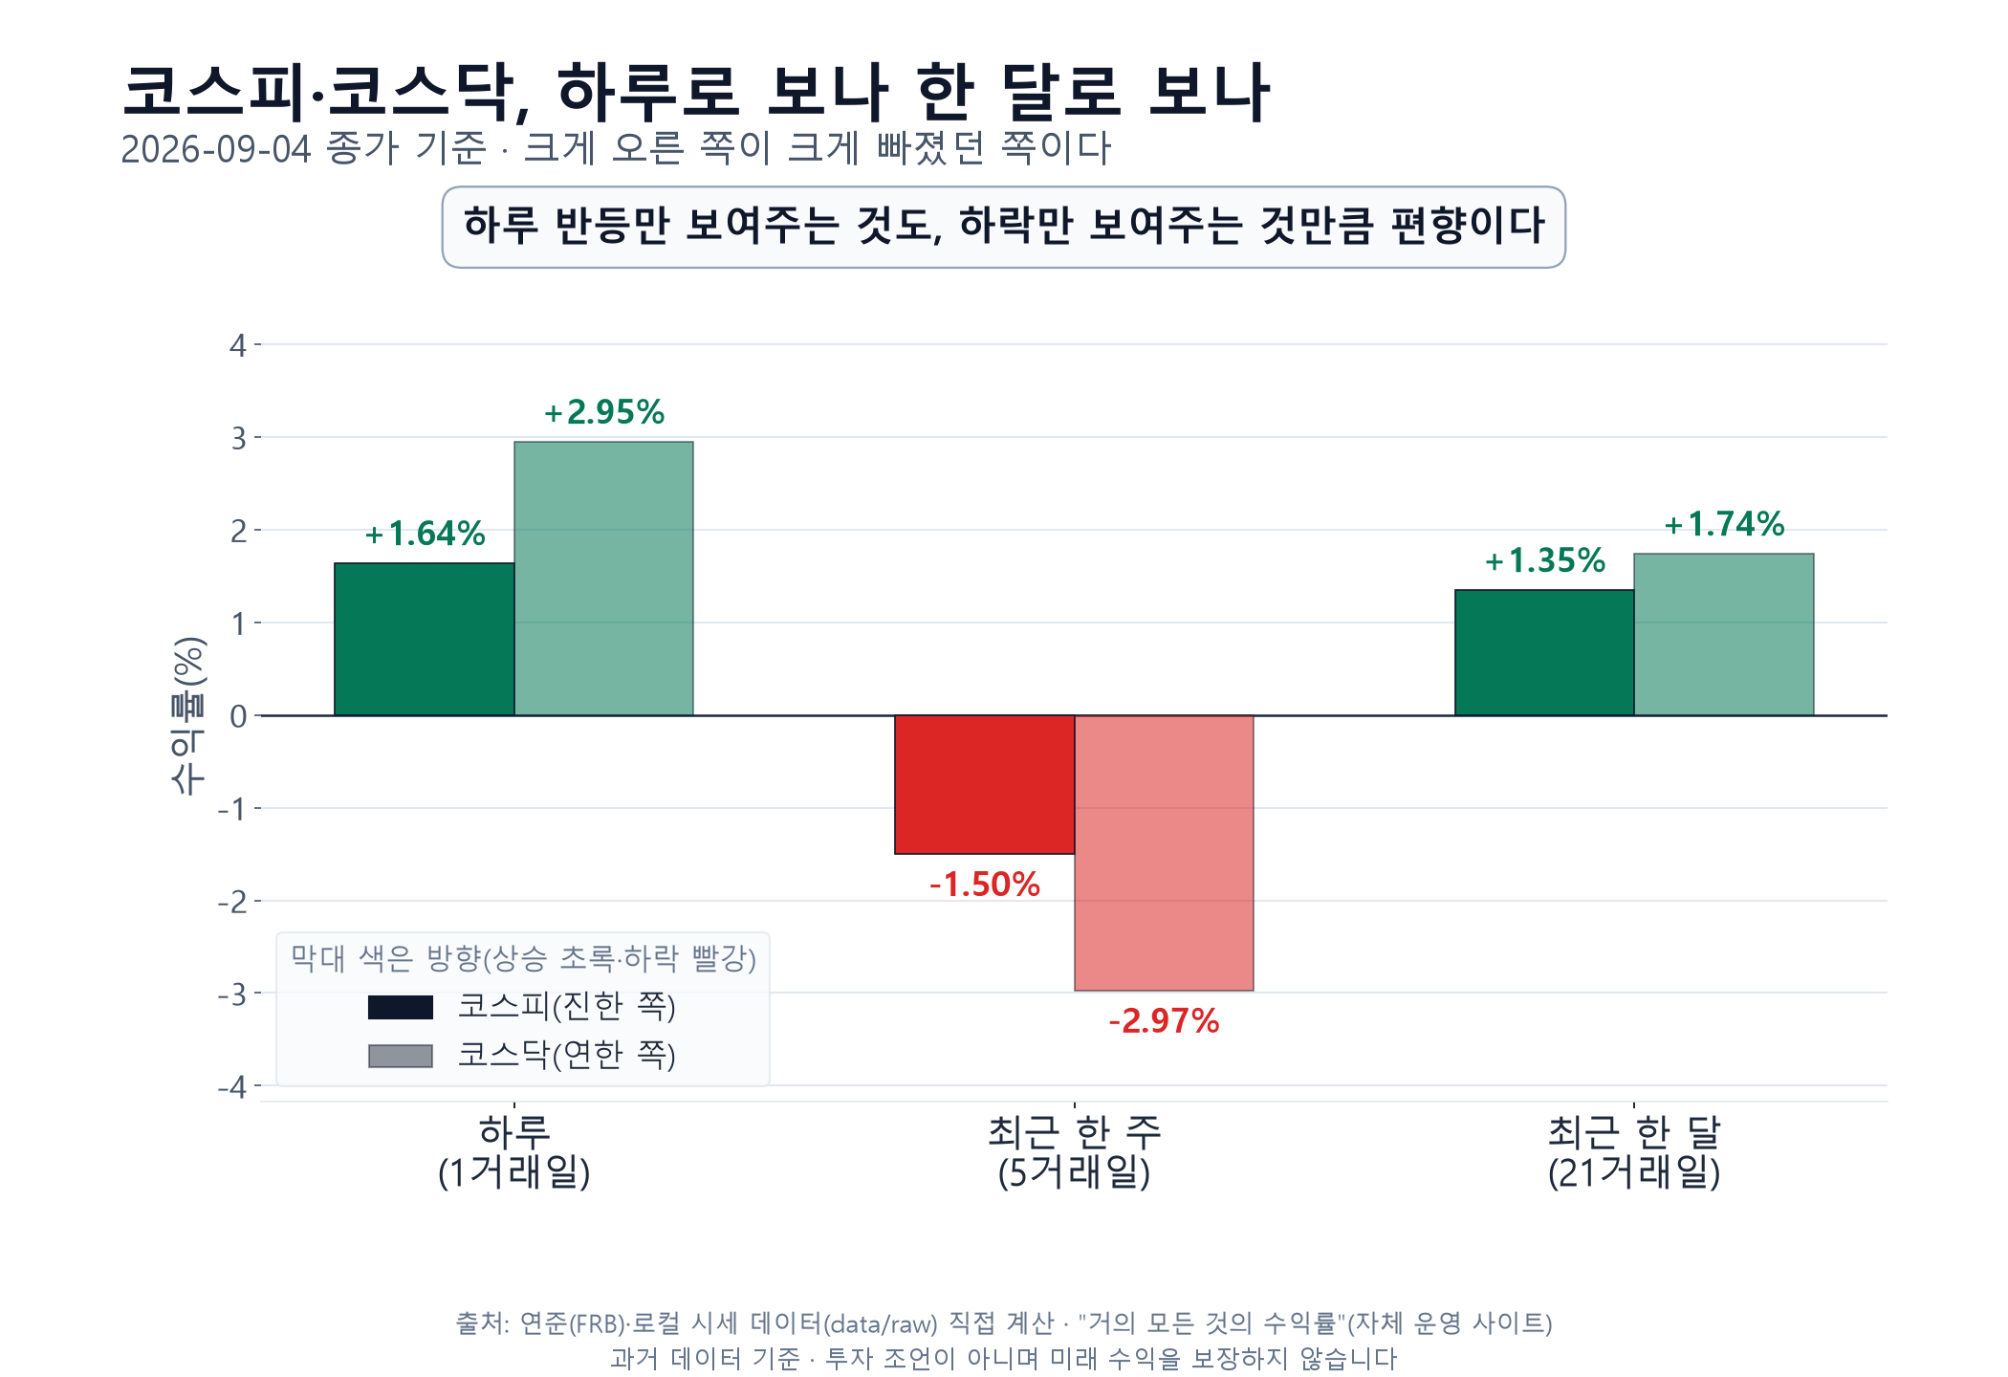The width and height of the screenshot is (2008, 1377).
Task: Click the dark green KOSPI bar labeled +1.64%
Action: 425,639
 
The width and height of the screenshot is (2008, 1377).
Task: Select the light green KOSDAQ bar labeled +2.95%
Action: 603,579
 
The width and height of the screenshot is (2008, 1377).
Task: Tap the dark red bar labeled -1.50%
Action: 985,784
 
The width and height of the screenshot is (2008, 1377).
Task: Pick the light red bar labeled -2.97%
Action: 1164,853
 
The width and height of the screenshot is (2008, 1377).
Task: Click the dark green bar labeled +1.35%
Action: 1544,652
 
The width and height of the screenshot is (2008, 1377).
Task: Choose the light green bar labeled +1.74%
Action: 1724,634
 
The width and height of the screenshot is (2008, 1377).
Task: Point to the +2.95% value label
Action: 604,412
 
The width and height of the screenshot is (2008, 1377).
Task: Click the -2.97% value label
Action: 1164,1021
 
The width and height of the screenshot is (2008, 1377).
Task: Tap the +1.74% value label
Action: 1724,524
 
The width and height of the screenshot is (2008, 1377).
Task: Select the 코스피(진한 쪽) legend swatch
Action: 401,1007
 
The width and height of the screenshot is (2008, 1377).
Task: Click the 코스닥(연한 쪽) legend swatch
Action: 401,1056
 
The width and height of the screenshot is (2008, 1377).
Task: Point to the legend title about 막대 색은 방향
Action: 523,958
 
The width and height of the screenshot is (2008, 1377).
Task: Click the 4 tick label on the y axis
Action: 238,345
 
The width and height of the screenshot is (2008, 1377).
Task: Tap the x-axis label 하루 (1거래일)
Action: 514,1152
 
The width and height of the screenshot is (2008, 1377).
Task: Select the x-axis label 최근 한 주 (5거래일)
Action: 1075,1152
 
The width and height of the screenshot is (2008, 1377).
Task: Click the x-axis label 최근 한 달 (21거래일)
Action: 1634,1152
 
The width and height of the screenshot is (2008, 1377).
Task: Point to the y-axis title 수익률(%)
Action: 187,715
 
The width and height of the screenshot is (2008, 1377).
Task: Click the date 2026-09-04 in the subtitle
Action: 216,149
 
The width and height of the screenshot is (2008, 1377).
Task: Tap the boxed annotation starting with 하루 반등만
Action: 1004,227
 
